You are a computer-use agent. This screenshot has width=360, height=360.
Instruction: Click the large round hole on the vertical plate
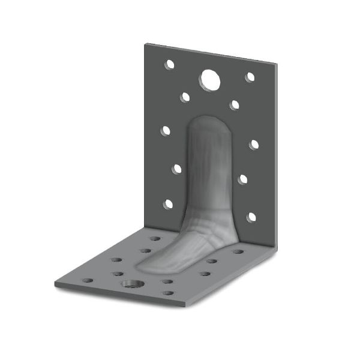click(x=210, y=79)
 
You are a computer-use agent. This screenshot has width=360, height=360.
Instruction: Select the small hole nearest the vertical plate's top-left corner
click(x=170, y=64)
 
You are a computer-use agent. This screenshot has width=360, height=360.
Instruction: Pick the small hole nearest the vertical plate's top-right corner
click(x=250, y=77)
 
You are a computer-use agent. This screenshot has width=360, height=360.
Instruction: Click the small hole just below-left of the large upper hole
click(x=185, y=97)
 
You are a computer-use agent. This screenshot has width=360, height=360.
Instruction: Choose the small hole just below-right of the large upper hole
click(x=235, y=105)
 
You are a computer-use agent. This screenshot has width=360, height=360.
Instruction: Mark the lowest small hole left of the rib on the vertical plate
click(x=169, y=204)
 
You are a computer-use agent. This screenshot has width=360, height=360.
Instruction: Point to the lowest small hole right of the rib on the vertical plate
click(x=251, y=217)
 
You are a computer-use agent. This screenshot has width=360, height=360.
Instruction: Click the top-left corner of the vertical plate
click(x=146, y=44)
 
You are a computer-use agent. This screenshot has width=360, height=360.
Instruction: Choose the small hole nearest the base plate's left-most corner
click(x=88, y=280)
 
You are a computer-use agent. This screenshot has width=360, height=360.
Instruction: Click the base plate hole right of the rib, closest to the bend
click(x=238, y=251)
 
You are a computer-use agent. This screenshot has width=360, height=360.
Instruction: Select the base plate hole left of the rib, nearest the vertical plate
click(x=155, y=238)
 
